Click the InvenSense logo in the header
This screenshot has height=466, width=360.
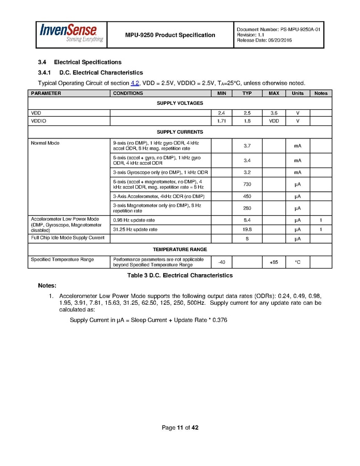click(71, 34)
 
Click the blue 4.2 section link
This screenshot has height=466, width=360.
click(135, 83)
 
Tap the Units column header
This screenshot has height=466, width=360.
click(297, 93)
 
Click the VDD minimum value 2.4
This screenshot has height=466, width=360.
click(221, 112)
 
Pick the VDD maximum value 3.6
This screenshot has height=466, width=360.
click(273, 112)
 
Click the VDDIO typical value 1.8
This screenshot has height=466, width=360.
click(247, 121)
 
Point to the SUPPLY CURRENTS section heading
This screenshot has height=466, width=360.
click(180, 132)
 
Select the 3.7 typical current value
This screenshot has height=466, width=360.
click(247, 146)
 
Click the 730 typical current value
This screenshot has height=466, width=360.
click(247, 185)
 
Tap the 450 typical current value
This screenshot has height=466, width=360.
click(247, 196)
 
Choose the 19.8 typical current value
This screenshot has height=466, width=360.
click(247, 229)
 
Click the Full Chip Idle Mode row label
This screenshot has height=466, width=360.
click(67, 237)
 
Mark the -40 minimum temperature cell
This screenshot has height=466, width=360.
click(221, 262)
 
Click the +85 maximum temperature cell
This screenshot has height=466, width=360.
click(273, 262)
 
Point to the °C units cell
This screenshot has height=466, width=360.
click(297, 262)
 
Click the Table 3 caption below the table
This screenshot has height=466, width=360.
click(180, 275)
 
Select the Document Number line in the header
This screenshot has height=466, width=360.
click(278, 30)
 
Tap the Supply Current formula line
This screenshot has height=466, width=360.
click(148, 320)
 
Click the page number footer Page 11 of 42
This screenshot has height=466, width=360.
click(180, 428)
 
